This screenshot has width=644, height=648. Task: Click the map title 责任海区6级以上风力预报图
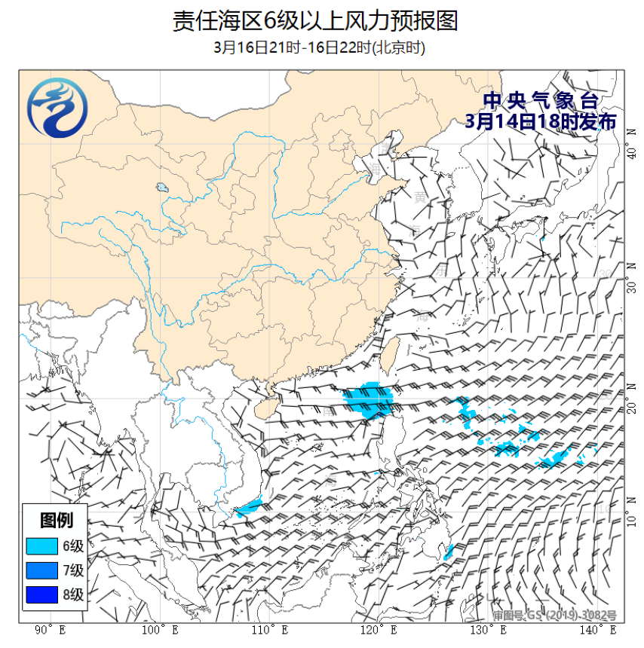point(315,20)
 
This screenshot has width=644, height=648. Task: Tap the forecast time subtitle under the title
point(320,47)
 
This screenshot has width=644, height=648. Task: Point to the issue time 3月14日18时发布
point(541,121)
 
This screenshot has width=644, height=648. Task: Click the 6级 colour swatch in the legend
point(41,546)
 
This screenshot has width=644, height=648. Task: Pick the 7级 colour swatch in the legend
point(41,570)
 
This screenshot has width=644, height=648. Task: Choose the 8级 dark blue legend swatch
point(41,595)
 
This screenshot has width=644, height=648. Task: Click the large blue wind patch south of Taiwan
point(370,399)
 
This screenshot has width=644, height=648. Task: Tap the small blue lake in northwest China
point(162,188)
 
